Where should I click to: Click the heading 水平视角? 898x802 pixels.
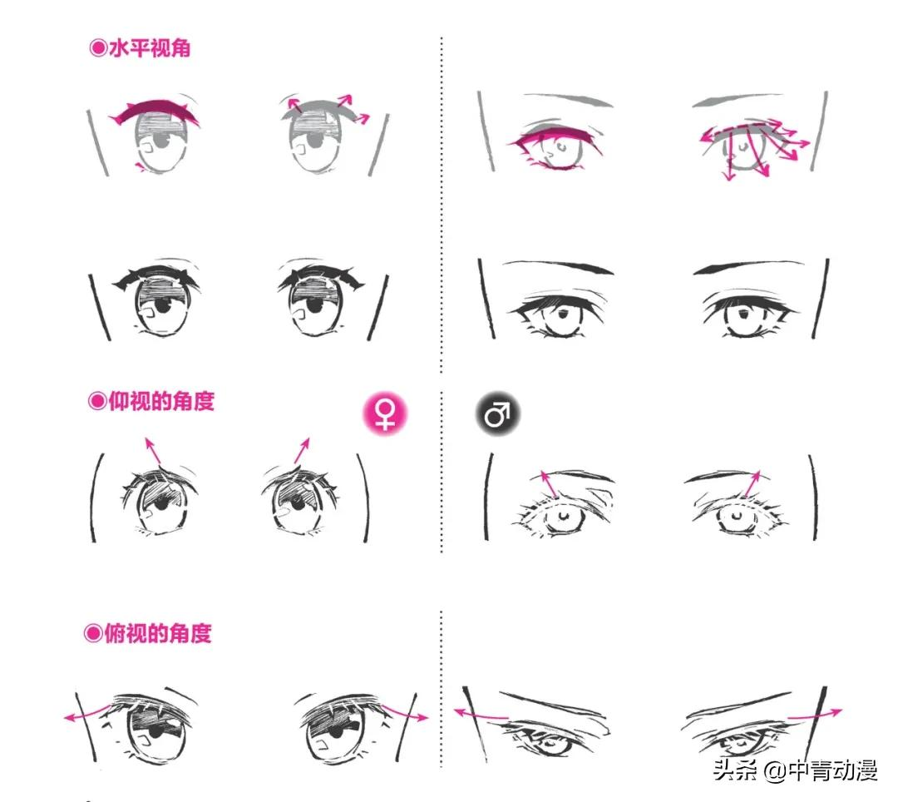tap(150, 48)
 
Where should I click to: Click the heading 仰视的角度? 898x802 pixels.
tap(161, 401)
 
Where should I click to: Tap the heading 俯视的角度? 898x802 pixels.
tap(157, 634)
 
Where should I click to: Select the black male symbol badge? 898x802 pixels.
tap(497, 413)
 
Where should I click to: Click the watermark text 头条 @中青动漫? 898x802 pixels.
tap(796, 770)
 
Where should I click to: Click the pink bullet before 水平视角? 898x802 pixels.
tap(98, 48)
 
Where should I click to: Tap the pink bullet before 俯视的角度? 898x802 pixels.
tap(93, 634)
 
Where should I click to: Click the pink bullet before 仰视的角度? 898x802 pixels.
tap(96, 401)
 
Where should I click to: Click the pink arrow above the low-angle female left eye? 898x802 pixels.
tap(153, 451)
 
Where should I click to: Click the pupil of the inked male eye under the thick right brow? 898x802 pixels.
tap(743, 314)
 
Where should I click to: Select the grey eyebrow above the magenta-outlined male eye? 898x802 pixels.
tap(567, 100)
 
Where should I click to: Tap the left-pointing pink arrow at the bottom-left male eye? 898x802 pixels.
tap(481, 715)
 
